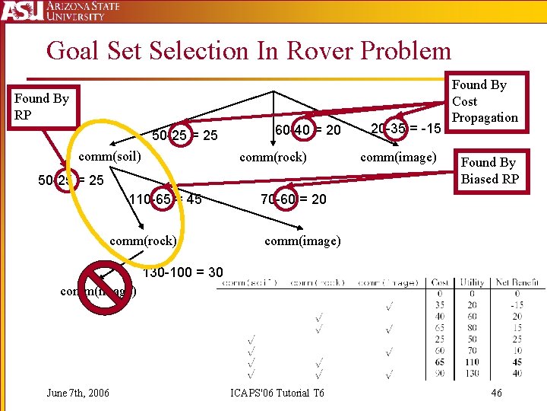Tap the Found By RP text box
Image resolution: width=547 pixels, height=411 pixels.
(42, 106)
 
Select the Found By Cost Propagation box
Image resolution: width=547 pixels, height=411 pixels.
(484, 100)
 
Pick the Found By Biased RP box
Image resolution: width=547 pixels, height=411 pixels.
(489, 170)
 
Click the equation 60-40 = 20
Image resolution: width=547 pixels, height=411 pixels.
(307, 130)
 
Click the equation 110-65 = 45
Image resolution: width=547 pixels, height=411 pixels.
(165, 200)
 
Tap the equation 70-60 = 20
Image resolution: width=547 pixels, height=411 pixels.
(292, 199)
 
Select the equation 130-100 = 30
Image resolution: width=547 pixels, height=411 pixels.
(182, 272)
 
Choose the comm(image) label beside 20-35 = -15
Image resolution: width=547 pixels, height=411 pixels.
(398, 157)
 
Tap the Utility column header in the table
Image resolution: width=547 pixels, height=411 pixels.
(472, 283)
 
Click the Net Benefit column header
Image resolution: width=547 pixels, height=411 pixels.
(517, 283)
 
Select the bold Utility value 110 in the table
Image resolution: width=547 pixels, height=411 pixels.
(472, 362)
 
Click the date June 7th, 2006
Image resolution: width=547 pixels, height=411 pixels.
(77, 393)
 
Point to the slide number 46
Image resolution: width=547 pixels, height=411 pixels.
(496, 393)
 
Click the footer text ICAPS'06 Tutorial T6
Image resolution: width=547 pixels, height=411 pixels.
(277, 393)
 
